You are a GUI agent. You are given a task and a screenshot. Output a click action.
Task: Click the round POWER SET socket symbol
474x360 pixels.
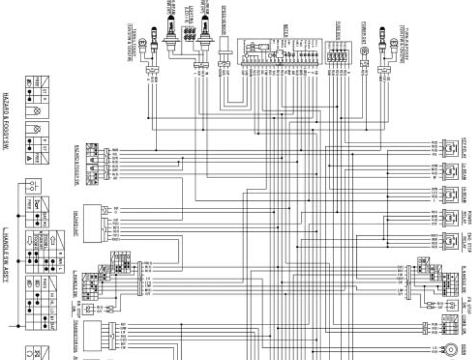[364, 50]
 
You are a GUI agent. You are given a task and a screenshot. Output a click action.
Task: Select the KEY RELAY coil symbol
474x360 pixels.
[451, 146]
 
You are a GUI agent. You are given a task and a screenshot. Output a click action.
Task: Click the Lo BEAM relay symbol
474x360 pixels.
[451, 169]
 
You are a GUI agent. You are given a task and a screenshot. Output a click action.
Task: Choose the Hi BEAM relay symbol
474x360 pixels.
[451, 193]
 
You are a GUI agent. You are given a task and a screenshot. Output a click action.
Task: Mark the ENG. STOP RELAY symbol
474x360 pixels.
[451, 240]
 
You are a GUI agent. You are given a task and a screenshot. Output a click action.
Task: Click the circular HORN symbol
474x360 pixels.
[451, 348]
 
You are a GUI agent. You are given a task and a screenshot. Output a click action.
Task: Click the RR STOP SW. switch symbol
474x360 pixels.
[89, 310]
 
